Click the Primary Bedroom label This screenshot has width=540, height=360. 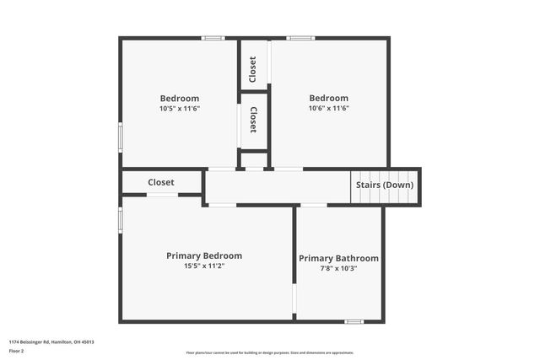(204, 255)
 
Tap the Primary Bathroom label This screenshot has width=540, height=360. (338, 258)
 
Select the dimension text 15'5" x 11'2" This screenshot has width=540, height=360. (204, 266)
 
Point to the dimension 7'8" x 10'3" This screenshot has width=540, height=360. (338, 268)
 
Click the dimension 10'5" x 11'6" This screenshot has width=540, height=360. (180, 108)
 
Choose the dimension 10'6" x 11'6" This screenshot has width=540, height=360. (328, 108)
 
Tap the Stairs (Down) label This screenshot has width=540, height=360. (385, 185)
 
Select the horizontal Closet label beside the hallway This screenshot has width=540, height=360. (161, 182)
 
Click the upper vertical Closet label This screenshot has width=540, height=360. (253, 69)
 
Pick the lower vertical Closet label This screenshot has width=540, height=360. (253, 121)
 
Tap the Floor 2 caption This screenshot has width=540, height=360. (17, 350)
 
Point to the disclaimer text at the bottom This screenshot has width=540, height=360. (270, 352)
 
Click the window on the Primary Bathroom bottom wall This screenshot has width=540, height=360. (354, 321)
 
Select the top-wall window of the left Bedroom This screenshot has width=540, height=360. (213, 38)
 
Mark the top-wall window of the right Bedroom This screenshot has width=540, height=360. (300, 38)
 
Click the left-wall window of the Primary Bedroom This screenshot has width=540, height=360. (121, 219)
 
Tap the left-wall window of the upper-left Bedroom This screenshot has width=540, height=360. (121, 136)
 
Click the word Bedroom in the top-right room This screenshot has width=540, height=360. (328, 98)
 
